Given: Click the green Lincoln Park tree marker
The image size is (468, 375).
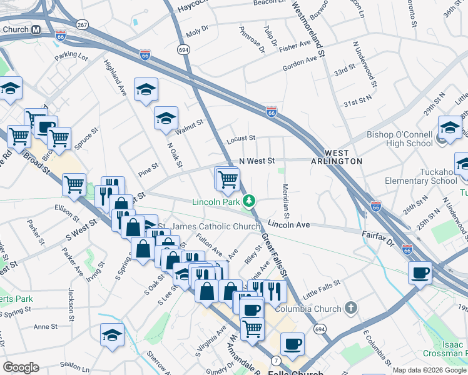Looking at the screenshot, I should (x=249, y=201).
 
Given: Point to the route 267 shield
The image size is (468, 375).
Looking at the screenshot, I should (x=82, y=24).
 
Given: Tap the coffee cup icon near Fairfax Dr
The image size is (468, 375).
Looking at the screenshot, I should (x=420, y=272).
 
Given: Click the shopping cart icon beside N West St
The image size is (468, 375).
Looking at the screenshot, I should (x=228, y=179).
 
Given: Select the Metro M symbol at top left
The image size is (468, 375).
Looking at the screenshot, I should (x=36, y=29).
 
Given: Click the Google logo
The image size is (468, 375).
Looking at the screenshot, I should (x=21, y=367).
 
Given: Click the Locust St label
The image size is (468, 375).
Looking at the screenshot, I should (x=241, y=138).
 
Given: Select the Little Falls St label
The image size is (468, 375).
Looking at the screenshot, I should (x=320, y=282).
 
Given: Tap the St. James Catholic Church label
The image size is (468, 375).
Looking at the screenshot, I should (x=208, y=226).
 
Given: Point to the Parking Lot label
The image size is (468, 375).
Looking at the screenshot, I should (x=71, y=56).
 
